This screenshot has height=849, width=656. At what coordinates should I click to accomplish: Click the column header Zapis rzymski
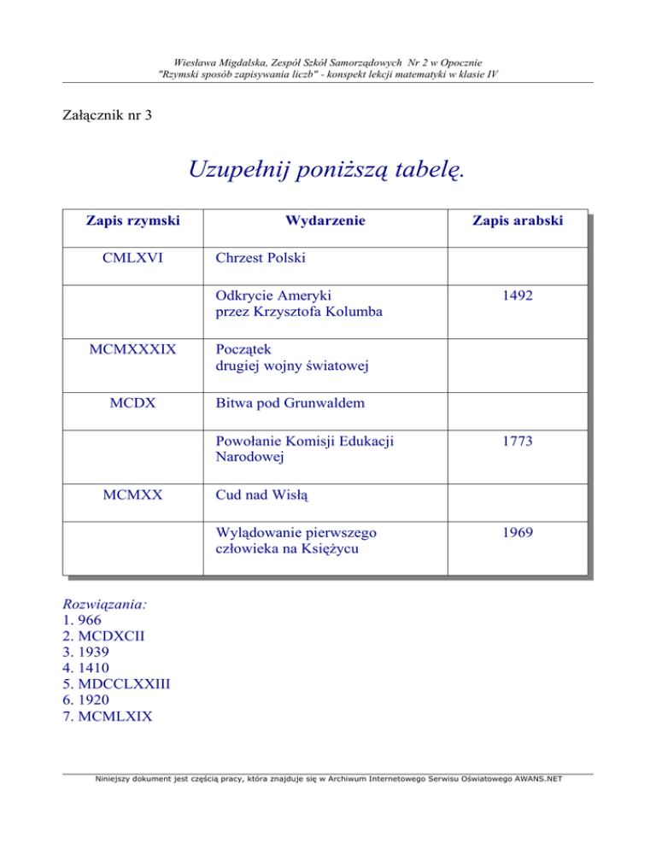132,221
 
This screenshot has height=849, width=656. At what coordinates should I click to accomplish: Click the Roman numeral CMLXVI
132,257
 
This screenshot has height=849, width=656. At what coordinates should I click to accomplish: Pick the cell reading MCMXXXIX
132,349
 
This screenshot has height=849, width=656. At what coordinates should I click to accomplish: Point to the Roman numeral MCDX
132,401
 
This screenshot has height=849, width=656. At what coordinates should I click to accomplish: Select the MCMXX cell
132,494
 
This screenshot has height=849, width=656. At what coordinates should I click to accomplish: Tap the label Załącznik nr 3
108,114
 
